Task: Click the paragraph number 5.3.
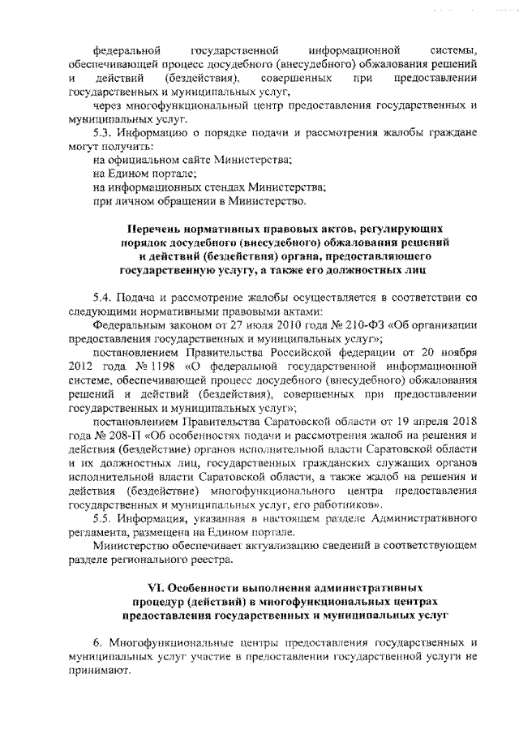pyautogui.click(x=103, y=131)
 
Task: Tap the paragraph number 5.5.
pyautogui.click(x=103, y=519)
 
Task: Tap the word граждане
pyautogui.click(x=443, y=131)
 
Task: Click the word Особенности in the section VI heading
pyautogui.click(x=204, y=585)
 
